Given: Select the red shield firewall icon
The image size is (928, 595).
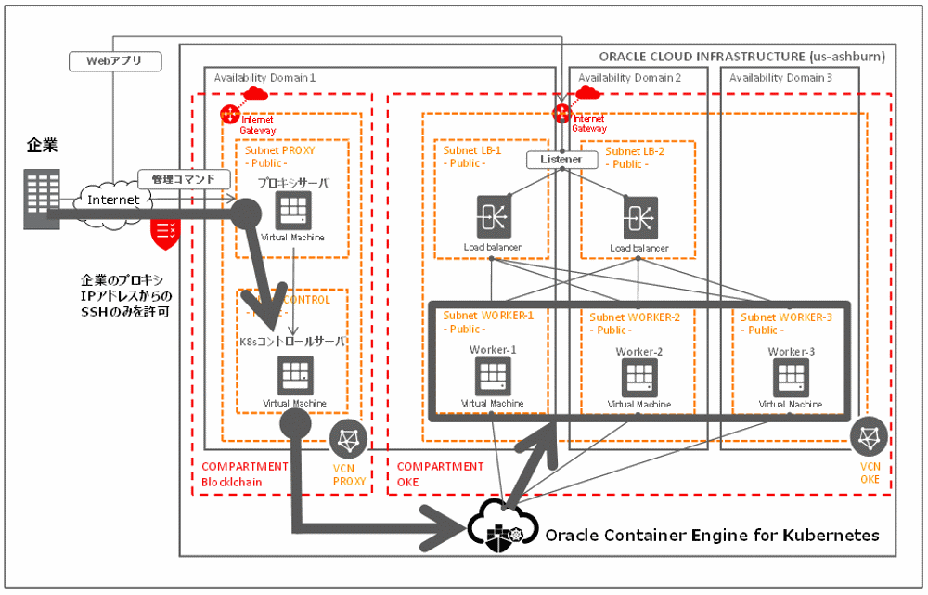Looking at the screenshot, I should [164, 233].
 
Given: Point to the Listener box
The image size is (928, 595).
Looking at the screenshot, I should [561, 160].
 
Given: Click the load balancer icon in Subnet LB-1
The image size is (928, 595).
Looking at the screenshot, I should [492, 216].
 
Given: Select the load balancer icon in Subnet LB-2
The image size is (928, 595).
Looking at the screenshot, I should [640, 216].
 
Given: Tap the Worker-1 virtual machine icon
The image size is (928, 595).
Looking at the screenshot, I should [492, 375].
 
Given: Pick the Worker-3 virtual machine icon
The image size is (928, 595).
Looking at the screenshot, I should [790, 377].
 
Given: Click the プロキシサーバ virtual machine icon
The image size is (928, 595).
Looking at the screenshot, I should [293, 211].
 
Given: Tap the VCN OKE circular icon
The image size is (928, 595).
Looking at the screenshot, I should [870, 436].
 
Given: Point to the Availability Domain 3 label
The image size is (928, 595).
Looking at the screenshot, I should [780, 78].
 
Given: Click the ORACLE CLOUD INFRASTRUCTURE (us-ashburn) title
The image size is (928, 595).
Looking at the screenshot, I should [741, 57].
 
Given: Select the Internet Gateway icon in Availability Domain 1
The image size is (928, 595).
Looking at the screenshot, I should [230, 113].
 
